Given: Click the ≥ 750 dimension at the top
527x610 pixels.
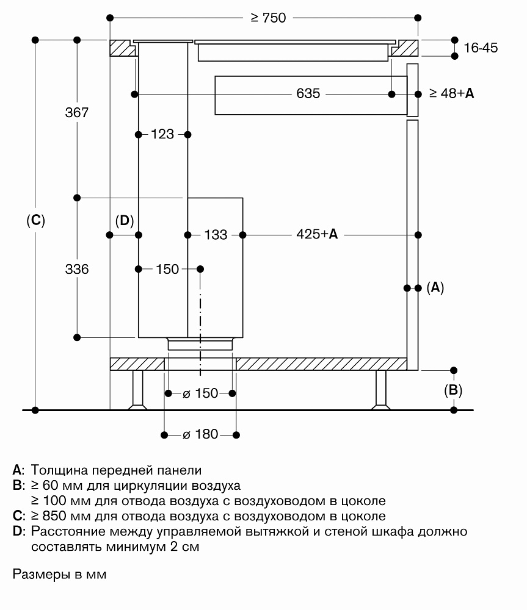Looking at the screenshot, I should tap(268, 18).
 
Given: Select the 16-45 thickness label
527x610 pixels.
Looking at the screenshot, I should tap(481, 48).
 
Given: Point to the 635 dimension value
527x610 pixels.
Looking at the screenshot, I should tap(308, 94).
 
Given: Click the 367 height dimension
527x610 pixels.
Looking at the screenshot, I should tap(78, 113).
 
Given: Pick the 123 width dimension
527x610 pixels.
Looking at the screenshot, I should tap(163, 134).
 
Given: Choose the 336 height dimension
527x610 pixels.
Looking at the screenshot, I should tap(78, 269).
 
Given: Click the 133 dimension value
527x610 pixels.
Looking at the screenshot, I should tap(216, 234).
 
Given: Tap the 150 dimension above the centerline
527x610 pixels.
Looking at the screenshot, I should tap(169, 269).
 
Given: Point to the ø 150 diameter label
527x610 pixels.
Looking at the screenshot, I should tap(200, 393).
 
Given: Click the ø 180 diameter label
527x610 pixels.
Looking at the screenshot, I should tap(200, 434).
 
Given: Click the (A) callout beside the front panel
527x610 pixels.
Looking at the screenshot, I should tap(435, 287).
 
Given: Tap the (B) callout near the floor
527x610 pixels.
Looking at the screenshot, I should tap(452, 390).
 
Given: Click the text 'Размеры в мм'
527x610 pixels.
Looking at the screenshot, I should tap(59, 575).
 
